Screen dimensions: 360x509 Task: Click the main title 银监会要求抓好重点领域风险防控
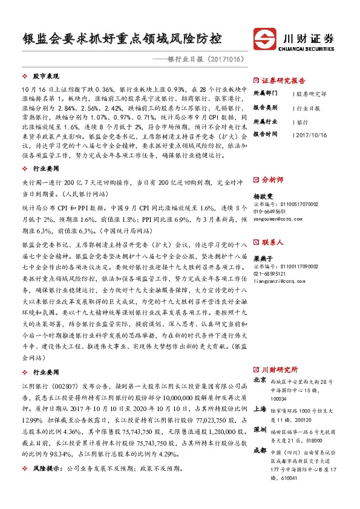point(121,40)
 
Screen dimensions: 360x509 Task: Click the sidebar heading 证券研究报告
point(284,80)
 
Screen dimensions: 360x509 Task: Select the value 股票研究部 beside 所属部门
point(312,94)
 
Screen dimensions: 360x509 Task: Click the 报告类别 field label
point(265,108)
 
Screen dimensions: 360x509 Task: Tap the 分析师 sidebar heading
point(273,180)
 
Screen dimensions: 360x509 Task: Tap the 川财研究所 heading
point(279,369)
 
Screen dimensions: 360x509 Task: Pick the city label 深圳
point(260,429)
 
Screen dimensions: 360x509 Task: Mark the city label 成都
point(260,450)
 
